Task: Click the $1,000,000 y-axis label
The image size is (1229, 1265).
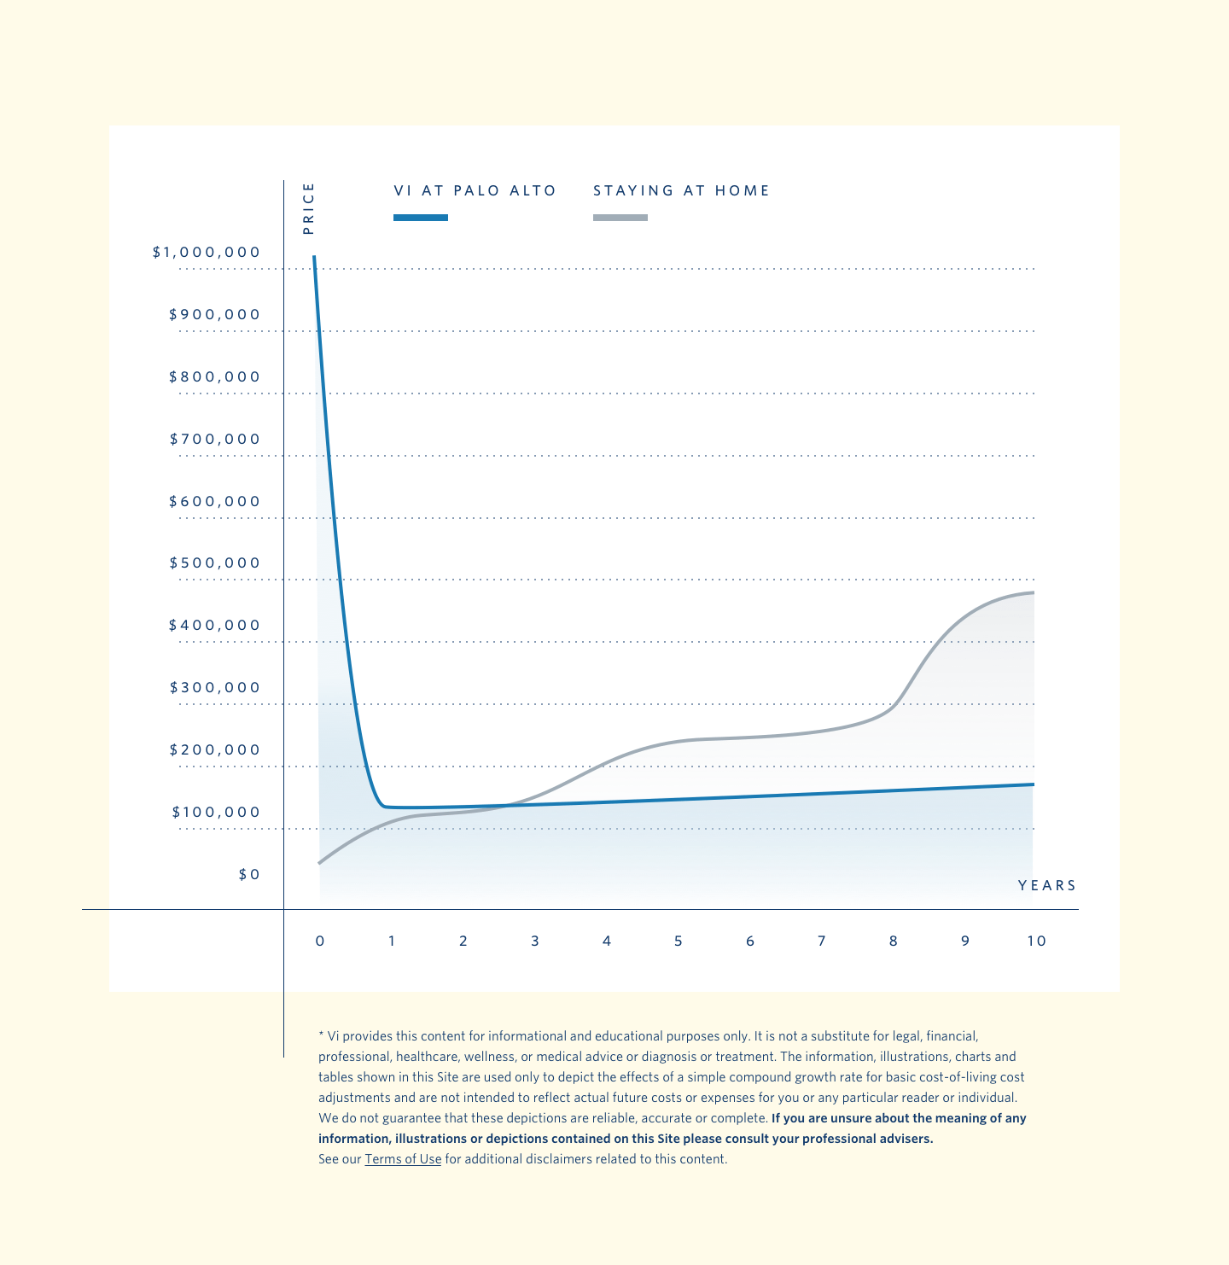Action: coord(206,253)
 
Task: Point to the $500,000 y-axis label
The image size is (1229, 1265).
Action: coord(215,563)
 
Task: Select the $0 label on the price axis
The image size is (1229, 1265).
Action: coord(249,875)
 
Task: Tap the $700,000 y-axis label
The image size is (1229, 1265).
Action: coord(215,440)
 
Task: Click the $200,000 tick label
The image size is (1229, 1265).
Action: coord(215,750)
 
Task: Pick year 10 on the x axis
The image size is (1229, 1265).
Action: coord(1036,941)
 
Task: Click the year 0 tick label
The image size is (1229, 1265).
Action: coord(320,941)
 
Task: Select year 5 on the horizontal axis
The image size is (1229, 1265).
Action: coord(679,941)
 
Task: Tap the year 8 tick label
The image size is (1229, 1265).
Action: coord(894,941)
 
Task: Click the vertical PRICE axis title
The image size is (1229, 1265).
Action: coord(309,208)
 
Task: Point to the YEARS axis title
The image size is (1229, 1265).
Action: coord(1047,886)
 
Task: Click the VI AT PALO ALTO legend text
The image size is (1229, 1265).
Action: coord(475,191)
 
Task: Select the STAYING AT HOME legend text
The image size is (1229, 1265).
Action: coord(681,191)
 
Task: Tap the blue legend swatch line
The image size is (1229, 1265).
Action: coord(421,218)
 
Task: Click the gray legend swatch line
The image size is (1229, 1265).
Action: coord(620,218)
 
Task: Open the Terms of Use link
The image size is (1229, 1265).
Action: coord(403,1159)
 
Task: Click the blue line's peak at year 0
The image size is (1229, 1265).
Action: coord(314,257)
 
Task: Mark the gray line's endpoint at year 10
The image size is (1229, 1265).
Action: coord(1034,592)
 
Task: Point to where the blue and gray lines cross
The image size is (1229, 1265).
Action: coord(510,805)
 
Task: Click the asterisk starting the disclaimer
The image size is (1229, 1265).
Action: coord(321,1035)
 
